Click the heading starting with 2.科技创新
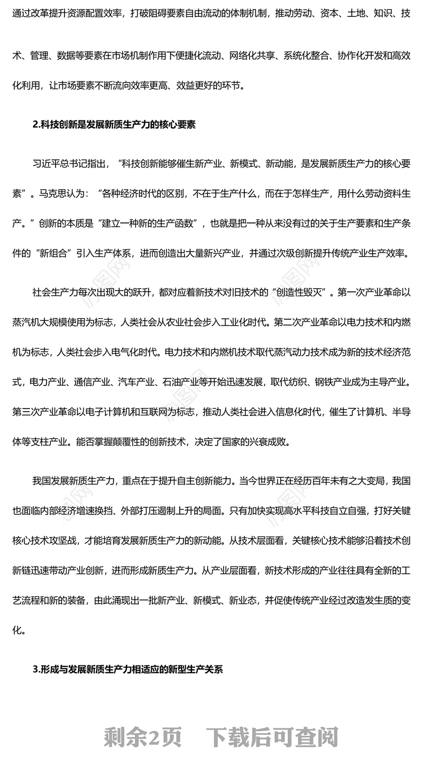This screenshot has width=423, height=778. coord(114,125)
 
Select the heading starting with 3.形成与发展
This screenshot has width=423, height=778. coord(127,669)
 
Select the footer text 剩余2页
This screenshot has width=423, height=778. coord(143,737)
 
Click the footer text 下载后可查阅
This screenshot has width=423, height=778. coord(272,737)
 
